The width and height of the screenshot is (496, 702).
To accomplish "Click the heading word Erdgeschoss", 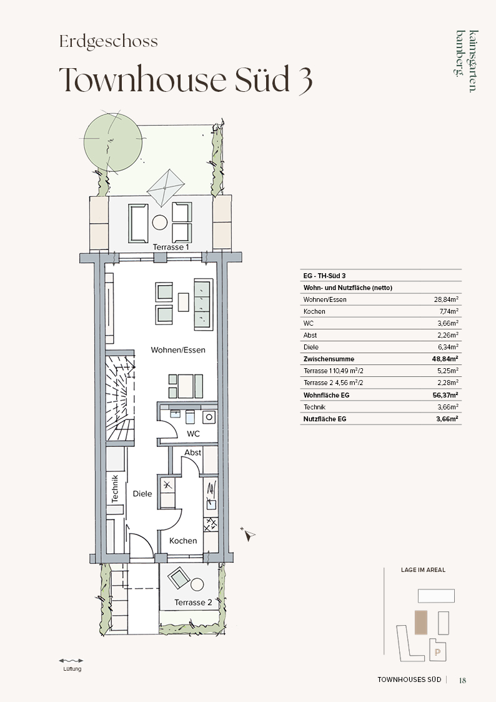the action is click(x=109, y=42).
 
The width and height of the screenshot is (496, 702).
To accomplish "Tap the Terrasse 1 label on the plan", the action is click(x=171, y=247).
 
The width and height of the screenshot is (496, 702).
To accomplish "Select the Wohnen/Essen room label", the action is click(x=178, y=350).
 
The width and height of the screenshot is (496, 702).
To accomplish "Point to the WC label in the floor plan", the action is click(x=193, y=434).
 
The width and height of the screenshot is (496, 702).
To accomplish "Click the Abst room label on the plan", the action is click(x=193, y=453).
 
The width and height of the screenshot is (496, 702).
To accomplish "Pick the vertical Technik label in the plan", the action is click(x=115, y=488).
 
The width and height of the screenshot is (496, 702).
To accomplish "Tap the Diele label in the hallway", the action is click(x=142, y=494).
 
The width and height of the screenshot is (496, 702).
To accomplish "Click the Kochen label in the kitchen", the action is click(x=183, y=541).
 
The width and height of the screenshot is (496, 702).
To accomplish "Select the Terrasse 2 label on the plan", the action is click(x=193, y=603).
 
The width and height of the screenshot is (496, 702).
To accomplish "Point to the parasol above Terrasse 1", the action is click(x=166, y=187).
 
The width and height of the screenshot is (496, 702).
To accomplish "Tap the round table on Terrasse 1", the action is click(x=160, y=222).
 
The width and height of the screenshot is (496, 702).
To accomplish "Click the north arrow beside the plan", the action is click(x=249, y=534).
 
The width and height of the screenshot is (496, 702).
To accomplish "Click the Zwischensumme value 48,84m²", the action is click(x=447, y=359).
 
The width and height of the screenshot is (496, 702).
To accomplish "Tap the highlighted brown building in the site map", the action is click(x=421, y=623).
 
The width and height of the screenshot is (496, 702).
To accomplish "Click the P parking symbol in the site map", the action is click(x=437, y=653).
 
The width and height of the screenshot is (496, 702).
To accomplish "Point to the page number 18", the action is click(x=462, y=680).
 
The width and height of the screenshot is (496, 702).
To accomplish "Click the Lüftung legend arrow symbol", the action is click(x=71, y=660).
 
